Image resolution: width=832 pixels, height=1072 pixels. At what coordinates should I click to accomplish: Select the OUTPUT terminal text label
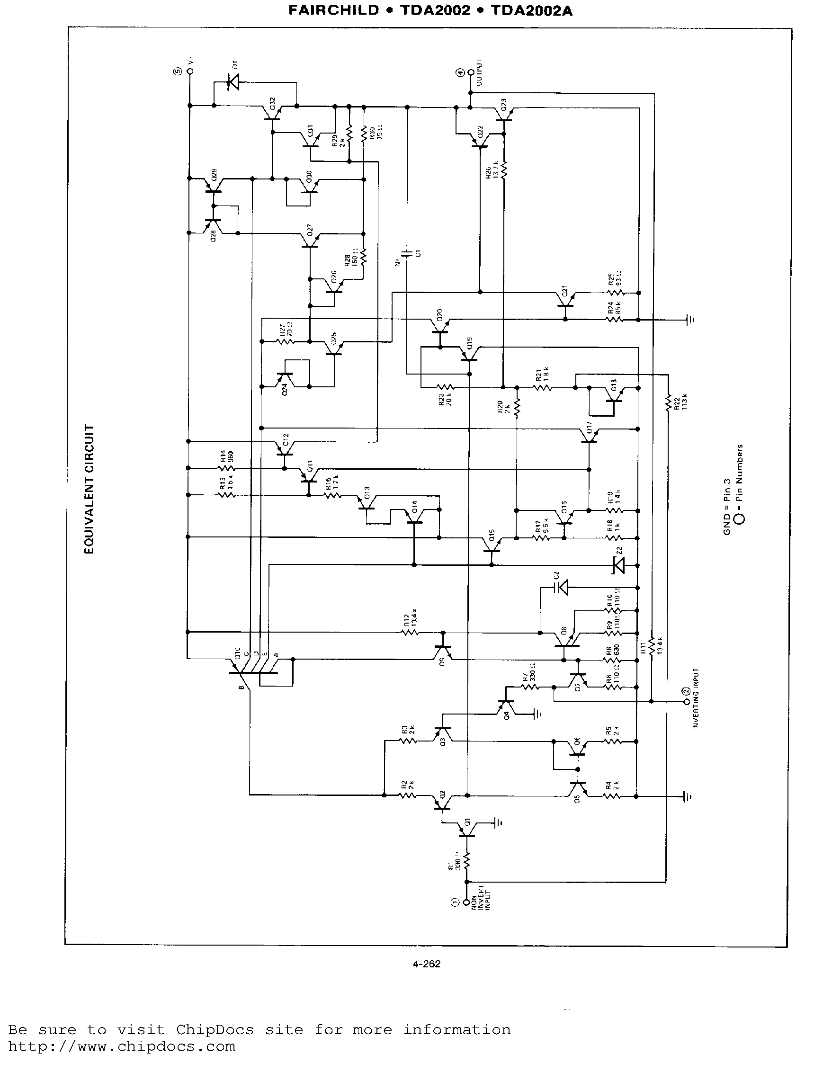[x=480, y=72]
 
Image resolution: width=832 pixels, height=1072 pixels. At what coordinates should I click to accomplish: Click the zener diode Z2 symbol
[x=618, y=565]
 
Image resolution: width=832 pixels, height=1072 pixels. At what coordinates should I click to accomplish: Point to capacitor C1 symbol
[x=407, y=253]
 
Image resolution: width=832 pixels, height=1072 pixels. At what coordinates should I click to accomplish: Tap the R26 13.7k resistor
[x=504, y=170]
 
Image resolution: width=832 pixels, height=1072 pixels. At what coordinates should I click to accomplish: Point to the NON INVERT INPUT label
[x=481, y=898]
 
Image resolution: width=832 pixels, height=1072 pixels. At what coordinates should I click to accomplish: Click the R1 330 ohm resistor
[x=466, y=860]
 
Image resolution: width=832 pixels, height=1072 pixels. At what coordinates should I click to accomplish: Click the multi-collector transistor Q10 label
[x=238, y=653]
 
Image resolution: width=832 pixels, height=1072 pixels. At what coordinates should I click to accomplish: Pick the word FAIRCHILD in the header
[x=334, y=11]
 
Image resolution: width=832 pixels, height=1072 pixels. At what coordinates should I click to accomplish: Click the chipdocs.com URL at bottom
[x=122, y=1046]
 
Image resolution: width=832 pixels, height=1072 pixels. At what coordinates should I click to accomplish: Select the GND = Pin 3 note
[x=727, y=507]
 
